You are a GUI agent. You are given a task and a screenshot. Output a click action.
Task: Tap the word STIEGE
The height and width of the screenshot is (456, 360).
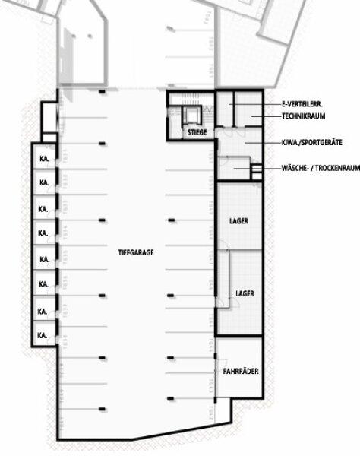pos(195,133)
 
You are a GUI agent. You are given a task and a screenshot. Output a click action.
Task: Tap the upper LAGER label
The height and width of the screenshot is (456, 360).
pos(239,221)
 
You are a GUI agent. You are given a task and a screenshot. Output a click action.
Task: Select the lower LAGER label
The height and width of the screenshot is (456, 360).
pos(245,293)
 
